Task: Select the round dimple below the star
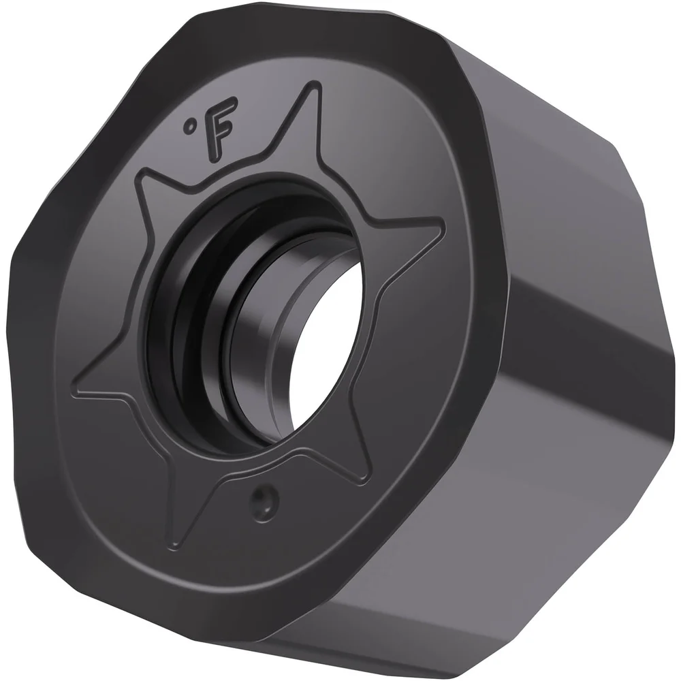(264, 503)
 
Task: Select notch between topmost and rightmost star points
(354, 204)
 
